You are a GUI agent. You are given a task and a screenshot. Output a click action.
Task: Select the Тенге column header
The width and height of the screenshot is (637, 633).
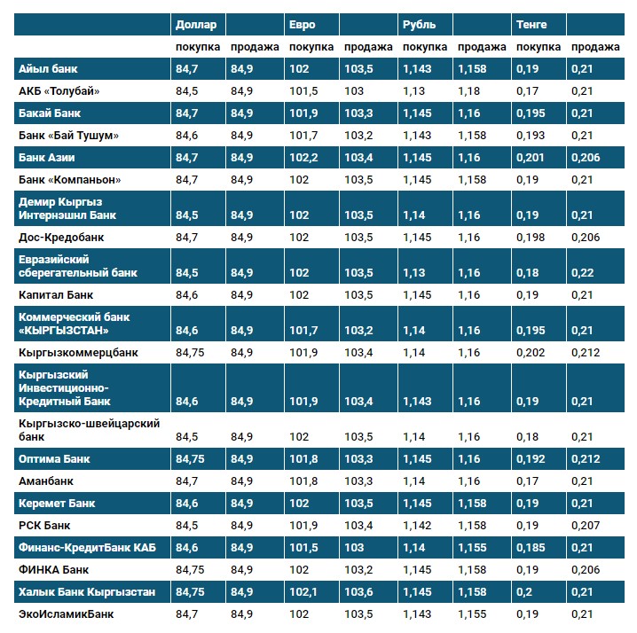click(x=531, y=25)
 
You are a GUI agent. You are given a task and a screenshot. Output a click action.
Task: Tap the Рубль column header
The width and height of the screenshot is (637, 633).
click(x=418, y=25)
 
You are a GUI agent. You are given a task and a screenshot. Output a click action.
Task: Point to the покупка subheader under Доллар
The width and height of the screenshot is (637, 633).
click(x=198, y=47)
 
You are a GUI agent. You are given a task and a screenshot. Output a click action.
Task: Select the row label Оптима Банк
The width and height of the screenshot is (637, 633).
click(x=55, y=459)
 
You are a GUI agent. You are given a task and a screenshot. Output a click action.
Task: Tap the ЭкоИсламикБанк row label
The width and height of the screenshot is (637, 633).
click(x=67, y=613)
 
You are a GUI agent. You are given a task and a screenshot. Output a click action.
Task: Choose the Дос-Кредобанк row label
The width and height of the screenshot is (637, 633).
click(x=61, y=238)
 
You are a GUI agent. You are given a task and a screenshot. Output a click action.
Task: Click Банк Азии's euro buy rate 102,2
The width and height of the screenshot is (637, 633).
click(x=303, y=158)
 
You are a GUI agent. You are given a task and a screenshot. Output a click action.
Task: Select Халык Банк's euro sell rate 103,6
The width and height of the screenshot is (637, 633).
click(x=360, y=591)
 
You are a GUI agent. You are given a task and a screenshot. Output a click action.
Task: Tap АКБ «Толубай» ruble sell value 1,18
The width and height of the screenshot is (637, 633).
click(x=470, y=90)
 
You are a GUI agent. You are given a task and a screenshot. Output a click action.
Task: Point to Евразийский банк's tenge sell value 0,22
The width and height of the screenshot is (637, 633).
click(x=582, y=272)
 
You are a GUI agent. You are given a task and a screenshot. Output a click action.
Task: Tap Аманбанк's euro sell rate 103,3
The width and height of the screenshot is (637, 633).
click(x=360, y=481)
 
